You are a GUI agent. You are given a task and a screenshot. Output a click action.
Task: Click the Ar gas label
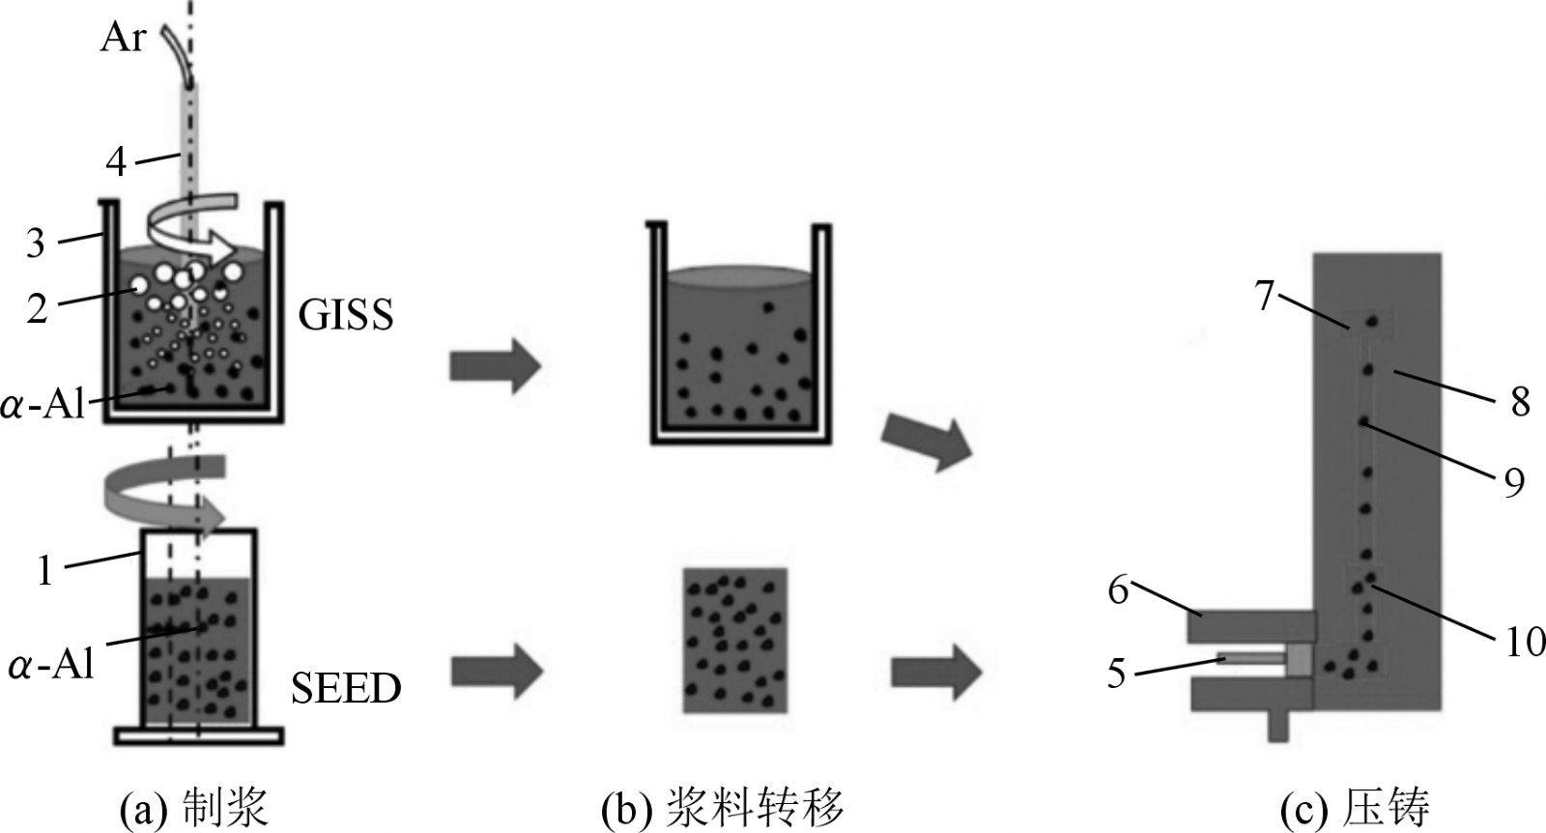point(123,38)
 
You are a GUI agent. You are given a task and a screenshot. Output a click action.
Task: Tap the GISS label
point(345,314)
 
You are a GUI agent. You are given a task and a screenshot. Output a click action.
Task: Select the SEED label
point(345,688)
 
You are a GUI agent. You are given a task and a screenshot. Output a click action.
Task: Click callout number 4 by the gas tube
point(116,160)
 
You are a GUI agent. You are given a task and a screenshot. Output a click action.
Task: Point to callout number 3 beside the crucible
point(36,243)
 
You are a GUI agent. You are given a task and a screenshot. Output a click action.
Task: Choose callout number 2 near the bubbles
point(37,309)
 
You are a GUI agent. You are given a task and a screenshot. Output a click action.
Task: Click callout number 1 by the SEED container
point(44,570)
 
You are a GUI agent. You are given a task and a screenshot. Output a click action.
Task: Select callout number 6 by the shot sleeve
point(1118,589)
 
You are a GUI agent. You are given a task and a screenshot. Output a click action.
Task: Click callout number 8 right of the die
point(1520,400)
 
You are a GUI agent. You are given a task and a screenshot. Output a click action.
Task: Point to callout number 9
point(1513,480)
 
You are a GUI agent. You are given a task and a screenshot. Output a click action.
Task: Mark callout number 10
point(1526,641)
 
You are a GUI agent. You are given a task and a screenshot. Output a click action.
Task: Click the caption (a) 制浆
point(192,808)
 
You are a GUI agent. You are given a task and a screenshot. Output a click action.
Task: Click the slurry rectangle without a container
point(735,640)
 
